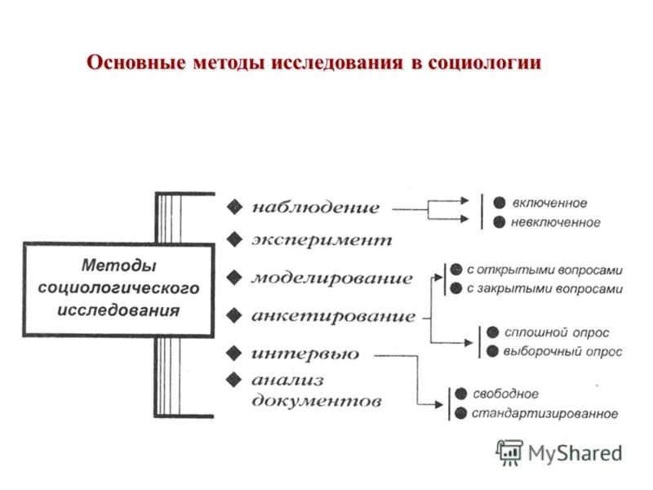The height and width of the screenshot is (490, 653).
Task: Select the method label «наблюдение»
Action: coord(316,207)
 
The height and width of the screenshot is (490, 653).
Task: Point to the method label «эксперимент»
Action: coord(322,240)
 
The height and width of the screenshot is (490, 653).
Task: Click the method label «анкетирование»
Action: coord(333,315)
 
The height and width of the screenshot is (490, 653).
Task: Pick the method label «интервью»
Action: coord(305,354)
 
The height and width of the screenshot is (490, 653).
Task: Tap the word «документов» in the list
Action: coord(316,402)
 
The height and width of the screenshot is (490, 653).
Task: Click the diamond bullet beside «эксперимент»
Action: coord(235,239)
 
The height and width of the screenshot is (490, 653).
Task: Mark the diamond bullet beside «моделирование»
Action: coord(235,277)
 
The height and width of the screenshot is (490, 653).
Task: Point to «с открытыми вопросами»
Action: coord(544,269)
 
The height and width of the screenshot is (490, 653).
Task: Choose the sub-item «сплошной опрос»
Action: coord(557,332)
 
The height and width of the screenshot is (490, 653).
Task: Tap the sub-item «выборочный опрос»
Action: coord(563,352)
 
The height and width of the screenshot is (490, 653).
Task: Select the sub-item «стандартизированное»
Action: coord(544,413)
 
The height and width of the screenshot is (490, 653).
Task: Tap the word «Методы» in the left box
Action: coord(119,265)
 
